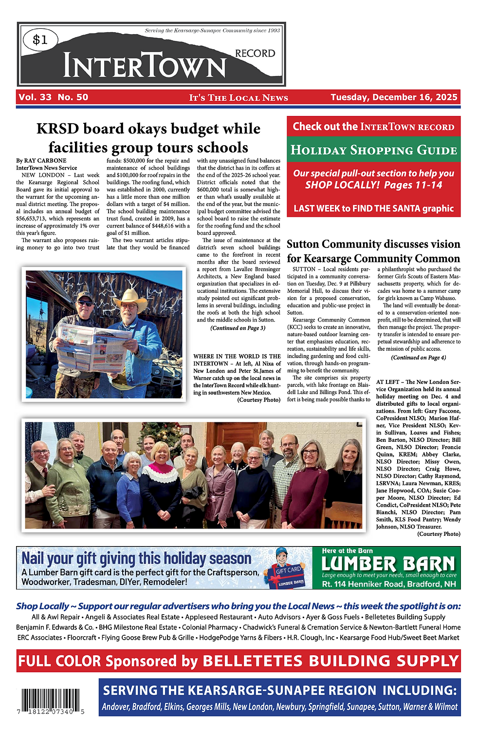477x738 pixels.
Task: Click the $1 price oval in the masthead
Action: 40,39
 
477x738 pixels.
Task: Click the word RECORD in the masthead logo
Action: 255,53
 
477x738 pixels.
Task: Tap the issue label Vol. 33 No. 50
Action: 54,97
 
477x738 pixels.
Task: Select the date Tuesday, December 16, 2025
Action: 394,97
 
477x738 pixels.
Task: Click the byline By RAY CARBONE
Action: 41,160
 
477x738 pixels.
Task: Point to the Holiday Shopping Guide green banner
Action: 373,150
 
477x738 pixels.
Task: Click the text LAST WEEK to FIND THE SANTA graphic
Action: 373,208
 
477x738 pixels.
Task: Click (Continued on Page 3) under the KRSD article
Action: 238,328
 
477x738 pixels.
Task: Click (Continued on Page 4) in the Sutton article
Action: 418,358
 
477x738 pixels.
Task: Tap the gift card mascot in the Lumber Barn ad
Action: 287,568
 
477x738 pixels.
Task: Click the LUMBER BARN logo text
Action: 388,564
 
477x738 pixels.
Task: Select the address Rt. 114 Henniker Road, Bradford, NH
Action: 389,584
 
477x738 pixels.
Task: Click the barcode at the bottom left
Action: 51,701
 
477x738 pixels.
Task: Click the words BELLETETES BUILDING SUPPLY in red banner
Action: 330,661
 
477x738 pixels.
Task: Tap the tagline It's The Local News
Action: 238,97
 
